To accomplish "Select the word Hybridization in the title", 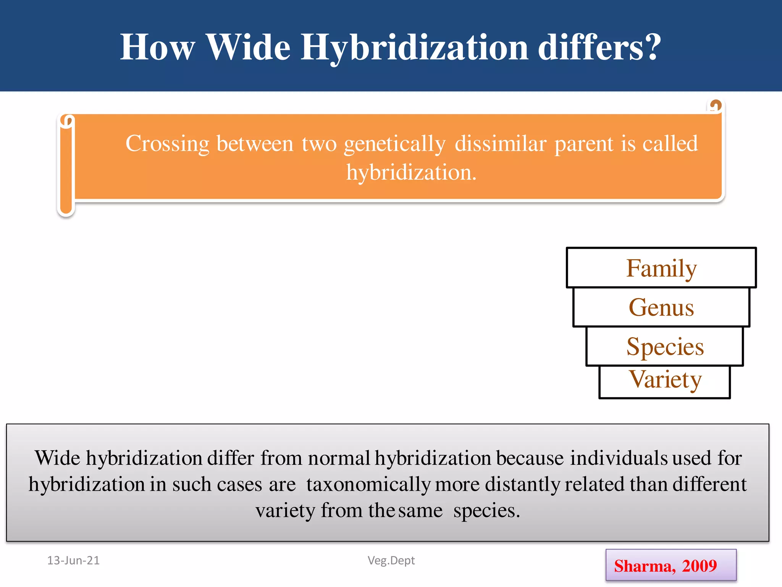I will tap(414, 48).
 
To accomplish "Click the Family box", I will tap(661, 268).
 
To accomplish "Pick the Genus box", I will tap(661, 307).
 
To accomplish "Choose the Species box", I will tap(665, 347).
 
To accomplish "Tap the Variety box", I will tap(665, 381).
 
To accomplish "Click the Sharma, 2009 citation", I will tap(666, 566).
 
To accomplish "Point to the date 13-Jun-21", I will tap(73, 560).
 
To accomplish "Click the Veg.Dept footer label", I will tap(391, 560).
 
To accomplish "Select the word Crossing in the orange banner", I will tap(167, 144).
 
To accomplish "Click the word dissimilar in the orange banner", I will tap(501, 144).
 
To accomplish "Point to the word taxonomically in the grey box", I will tap(368, 485).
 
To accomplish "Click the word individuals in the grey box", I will tap(618, 458).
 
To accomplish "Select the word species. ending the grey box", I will tap(486, 511).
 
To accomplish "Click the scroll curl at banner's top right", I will tap(715, 105).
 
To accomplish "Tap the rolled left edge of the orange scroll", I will tap(66, 164).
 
